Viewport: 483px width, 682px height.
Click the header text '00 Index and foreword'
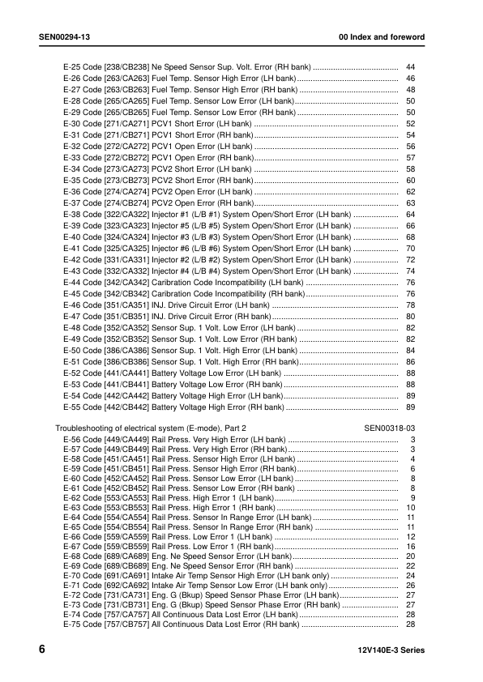[382, 38]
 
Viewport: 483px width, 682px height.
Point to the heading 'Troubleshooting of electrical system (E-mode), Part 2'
[151, 426]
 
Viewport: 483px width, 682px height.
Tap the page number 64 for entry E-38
[410, 214]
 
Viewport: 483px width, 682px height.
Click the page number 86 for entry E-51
[410, 361]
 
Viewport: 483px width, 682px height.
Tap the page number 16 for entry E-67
[410, 548]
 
